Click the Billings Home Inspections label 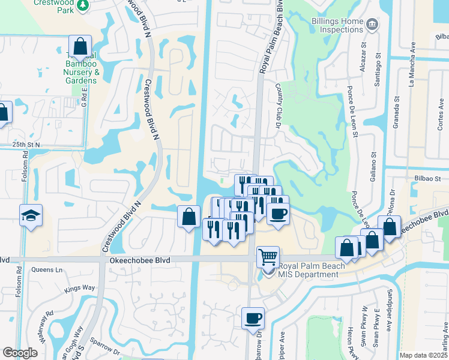click(x=337, y=25)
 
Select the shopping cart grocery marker click(x=267, y=257)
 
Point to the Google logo click(x=20, y=353)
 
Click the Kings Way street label click(x=80, y=288)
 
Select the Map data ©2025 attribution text click(x=423, y=355)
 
